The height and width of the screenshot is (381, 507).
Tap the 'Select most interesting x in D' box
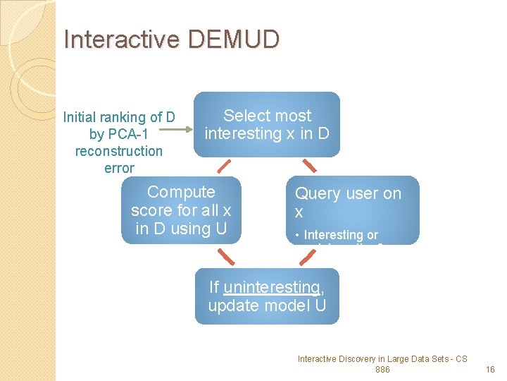pos(267,124)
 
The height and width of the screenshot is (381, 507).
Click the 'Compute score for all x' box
pos(181,210)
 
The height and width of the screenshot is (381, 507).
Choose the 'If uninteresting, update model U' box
pos(267,296)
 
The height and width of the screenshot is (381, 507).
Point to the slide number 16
pos(491,370)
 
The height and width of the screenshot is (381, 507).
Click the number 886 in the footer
pos(382,370)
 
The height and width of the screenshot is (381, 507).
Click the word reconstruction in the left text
pos(118,151)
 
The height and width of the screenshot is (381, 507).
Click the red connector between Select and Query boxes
pos(308,166)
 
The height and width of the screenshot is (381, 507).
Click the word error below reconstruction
pos(118,168)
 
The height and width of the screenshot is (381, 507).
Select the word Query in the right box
pos(316,193)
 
